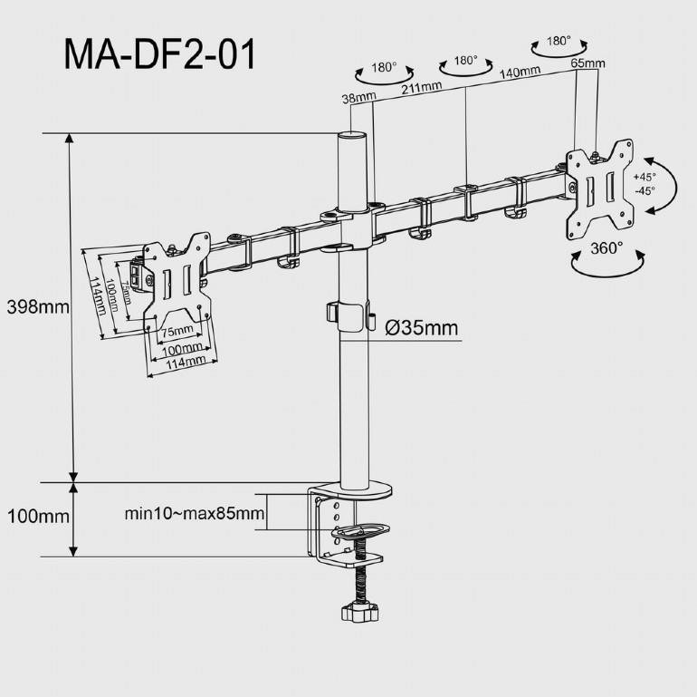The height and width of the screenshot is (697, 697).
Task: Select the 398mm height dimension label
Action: click(x=37, y=306)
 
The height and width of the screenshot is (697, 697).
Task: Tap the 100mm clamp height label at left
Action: click(x=37, y=517)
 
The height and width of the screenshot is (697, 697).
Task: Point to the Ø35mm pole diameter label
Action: click(x=421, y=328)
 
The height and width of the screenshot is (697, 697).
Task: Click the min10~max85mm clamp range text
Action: click(x=194, y=515)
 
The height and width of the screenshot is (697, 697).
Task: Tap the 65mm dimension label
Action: click(x=588, y=63)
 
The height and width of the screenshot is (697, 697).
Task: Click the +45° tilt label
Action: click(x=644, y=177)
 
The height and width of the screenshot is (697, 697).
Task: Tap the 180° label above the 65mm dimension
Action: click(x=559, y=41)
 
